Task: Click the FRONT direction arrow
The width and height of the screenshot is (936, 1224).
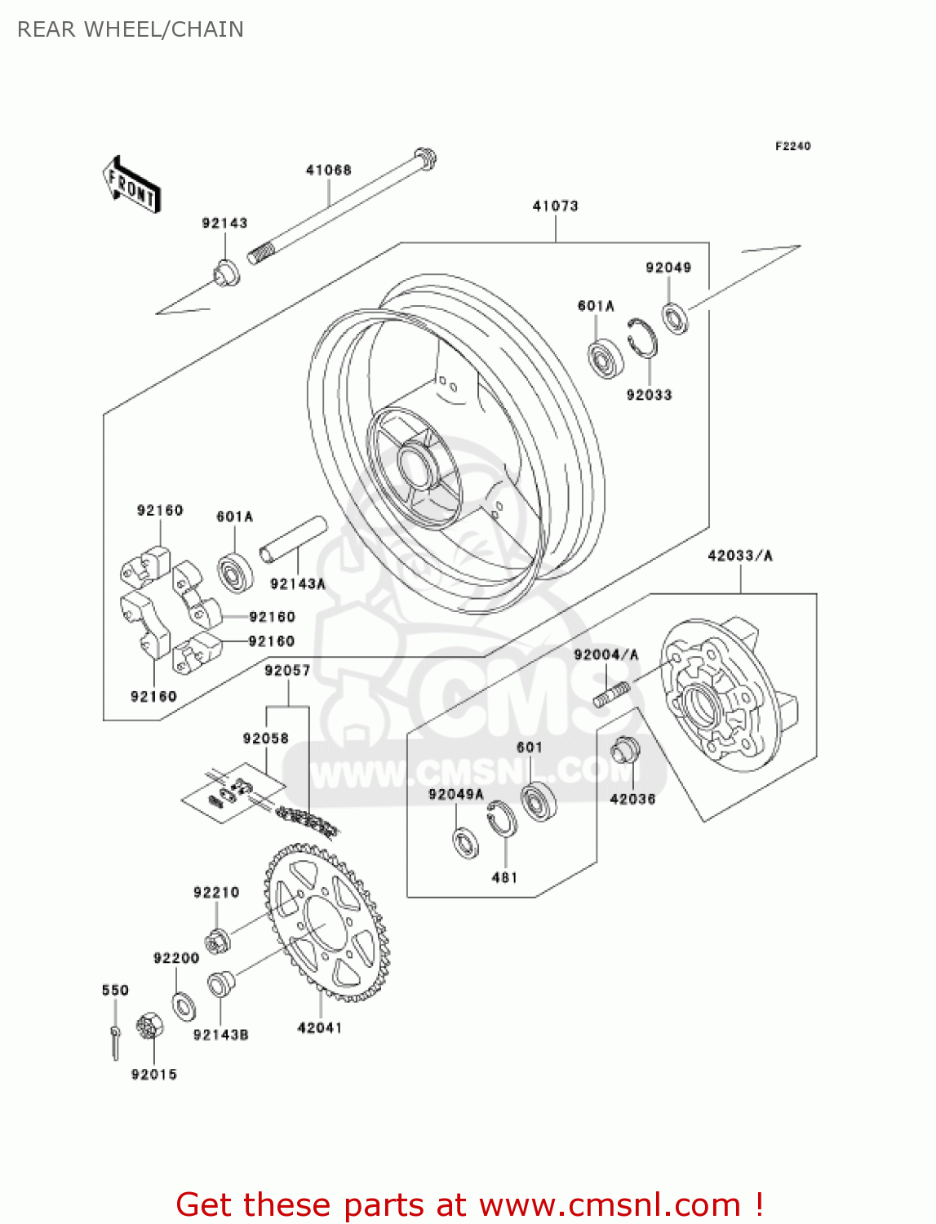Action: tap(131, 185)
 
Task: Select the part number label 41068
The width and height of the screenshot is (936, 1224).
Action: tap(328, 170)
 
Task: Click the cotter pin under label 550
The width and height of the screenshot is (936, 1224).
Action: tap(115, 1040)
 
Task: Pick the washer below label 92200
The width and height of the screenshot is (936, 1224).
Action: tap(184, 1007)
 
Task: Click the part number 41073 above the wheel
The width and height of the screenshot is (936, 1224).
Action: tap(555, 206)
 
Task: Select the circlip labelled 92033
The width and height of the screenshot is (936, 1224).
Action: tap(642, 337)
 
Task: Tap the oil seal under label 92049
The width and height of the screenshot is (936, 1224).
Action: tap(675, 318)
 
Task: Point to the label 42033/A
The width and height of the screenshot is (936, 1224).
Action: tap(739, 556)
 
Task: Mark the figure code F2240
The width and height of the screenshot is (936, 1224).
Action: tap(792, 146)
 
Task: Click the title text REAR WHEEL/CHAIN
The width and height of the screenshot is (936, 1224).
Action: tap(131, 29)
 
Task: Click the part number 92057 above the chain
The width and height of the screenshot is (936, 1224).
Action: tap(287, 671)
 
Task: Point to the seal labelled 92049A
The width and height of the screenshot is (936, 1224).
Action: tap(466, 842)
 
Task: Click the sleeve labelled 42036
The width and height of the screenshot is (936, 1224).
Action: tap(625, 749)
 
